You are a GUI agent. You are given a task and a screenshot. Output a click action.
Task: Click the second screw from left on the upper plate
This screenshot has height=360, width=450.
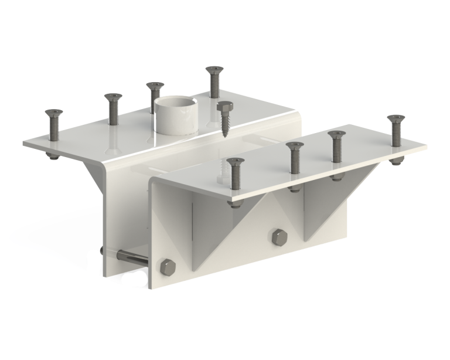point(112,108)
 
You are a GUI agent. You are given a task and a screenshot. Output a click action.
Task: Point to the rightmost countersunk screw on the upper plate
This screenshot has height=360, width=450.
point(213,81)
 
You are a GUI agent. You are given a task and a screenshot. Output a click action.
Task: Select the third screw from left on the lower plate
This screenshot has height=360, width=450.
point(336,147)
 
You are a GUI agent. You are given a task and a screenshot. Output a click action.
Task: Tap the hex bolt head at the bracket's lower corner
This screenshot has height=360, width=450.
point(168,267)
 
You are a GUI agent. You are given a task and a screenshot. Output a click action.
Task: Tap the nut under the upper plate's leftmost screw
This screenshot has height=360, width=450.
point(51,155)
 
